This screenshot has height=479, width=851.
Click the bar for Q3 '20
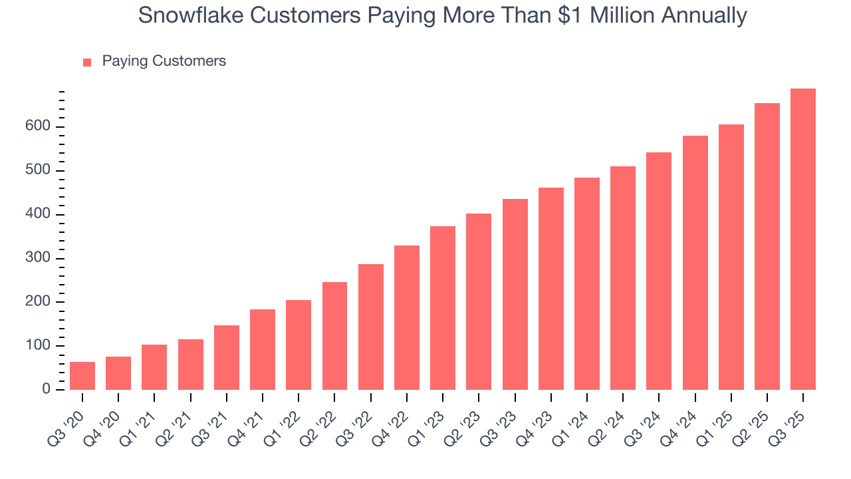point(82,376)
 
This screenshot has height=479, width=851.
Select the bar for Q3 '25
point(803,239)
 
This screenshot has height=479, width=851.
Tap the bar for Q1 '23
point(443,308)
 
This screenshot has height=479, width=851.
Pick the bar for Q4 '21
point(263,349)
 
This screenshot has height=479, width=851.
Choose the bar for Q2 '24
point(623,278)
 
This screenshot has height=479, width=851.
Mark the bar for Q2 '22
point(334,336)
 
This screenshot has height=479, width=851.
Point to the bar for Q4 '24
point(695,263)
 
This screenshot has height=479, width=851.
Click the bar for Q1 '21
point(154,367)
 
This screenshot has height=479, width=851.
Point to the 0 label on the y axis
point(46,389)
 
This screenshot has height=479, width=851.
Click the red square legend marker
point(87,62)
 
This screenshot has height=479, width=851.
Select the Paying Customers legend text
point(164,61)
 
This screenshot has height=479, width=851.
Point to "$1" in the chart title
point(580,15)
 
